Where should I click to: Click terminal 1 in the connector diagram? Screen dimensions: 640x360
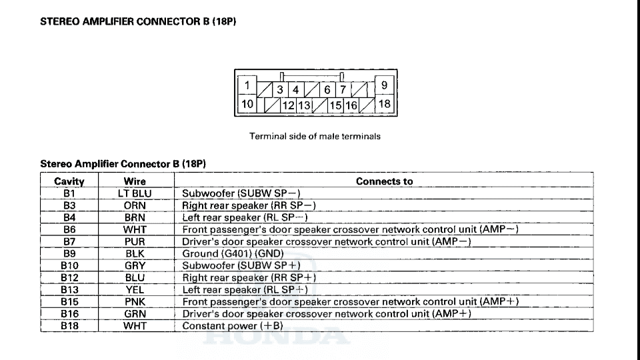247,85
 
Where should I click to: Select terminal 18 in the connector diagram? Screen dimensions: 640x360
385,104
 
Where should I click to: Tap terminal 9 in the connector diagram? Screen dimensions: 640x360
385,85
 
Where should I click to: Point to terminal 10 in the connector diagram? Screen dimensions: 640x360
247,104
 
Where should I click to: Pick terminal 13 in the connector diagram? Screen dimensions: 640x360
304,105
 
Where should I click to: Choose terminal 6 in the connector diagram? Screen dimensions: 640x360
327,89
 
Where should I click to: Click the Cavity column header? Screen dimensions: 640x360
69,181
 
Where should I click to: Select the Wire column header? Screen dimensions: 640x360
135,181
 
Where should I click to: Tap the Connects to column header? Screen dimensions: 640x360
384,181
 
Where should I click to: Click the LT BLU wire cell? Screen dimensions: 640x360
135,193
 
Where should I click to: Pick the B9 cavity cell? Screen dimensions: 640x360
69,253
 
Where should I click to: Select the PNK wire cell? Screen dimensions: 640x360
135,301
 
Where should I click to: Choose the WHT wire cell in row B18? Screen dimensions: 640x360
135,326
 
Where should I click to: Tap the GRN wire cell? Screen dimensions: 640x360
135,313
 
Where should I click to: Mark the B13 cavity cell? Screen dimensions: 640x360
69,290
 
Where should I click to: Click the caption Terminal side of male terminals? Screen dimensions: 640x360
315,136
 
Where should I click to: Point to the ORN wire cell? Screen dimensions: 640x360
135,205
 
